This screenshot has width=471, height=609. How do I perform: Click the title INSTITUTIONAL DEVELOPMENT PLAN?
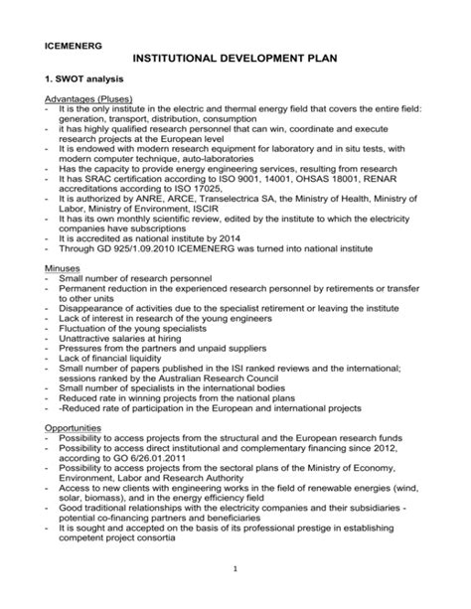pos(235,64)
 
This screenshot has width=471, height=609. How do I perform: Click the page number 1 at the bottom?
pos(235,568)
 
